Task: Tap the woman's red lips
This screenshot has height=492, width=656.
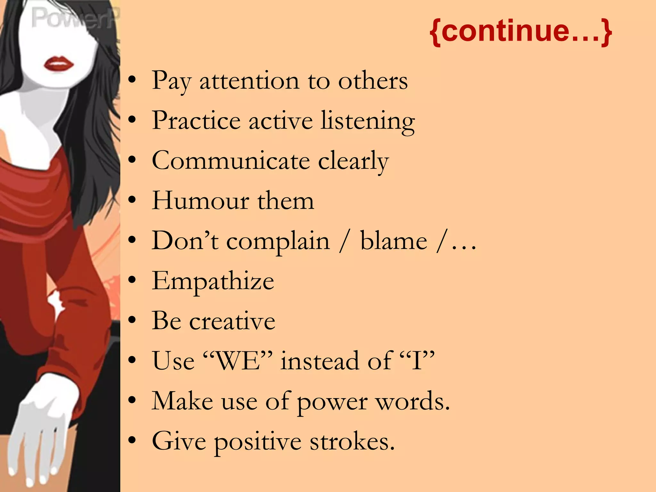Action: click(59, 64)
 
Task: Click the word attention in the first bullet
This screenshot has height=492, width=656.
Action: click(249, 81)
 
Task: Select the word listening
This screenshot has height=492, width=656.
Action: click(368, 121)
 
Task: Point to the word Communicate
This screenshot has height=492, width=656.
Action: click(231, 160)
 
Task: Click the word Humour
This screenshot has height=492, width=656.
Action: click(201, 201)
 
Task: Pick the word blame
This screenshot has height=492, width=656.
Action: click(394, 241)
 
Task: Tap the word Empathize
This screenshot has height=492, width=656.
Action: click(213, 281)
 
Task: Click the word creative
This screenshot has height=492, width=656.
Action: click(232, 321)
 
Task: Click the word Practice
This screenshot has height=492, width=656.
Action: click(196, 121)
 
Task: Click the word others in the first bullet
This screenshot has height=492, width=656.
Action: click(373, 81)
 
